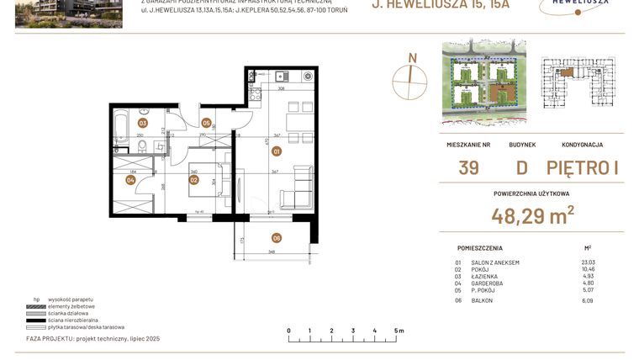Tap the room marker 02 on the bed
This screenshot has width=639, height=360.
pos(193,179)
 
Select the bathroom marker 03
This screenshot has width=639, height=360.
pos(143,123)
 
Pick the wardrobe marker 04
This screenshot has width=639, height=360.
pos(130,179)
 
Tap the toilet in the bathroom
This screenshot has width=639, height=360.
pos(145,148)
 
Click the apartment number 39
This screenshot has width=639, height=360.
pos(468,167)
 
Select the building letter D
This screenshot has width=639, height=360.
pos(521,167)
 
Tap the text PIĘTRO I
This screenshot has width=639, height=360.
pos(583,167)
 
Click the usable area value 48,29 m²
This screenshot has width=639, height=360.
pos(533,216)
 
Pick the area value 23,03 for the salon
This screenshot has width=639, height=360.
pos(588,262)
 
